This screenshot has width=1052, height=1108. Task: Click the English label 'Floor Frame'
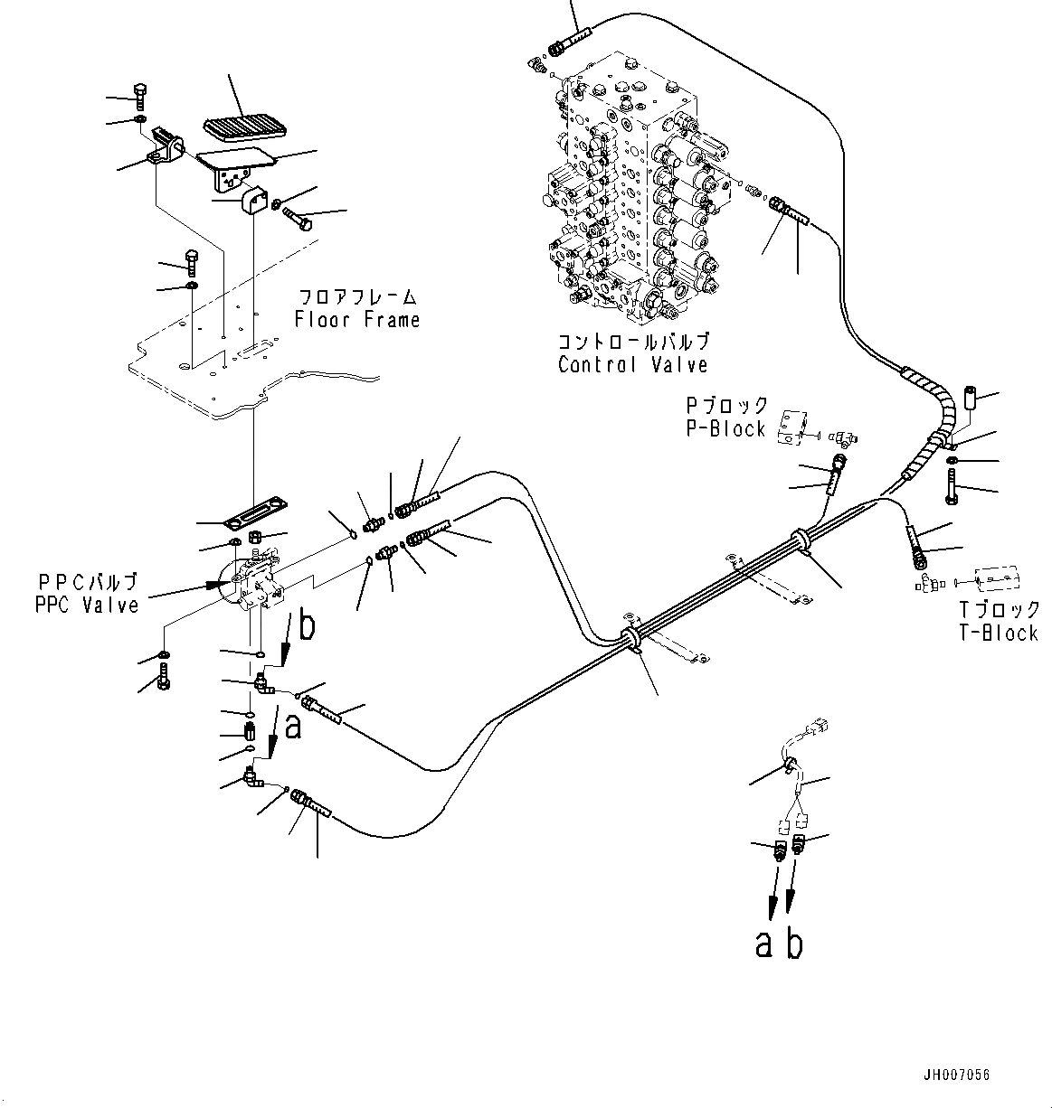[x=357, y=320]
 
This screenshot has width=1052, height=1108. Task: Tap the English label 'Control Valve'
[x=632, y=364]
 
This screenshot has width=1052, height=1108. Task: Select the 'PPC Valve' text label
[x=87, y=605]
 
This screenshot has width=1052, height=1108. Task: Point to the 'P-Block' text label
[x=725, y=428]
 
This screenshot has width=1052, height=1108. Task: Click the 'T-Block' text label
[x=998, y=633]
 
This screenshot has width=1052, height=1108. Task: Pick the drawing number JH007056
[x=957, y=1075]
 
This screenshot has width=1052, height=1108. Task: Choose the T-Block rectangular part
[x=996, y=577]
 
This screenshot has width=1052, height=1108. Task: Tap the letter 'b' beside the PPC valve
[x=307, y=626]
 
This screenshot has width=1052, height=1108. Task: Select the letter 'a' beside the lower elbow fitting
[x=291, y=727]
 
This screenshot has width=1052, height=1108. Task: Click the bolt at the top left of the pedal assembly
[x=139, y=93]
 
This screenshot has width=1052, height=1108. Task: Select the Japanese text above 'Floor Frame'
[x=358, y=296]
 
